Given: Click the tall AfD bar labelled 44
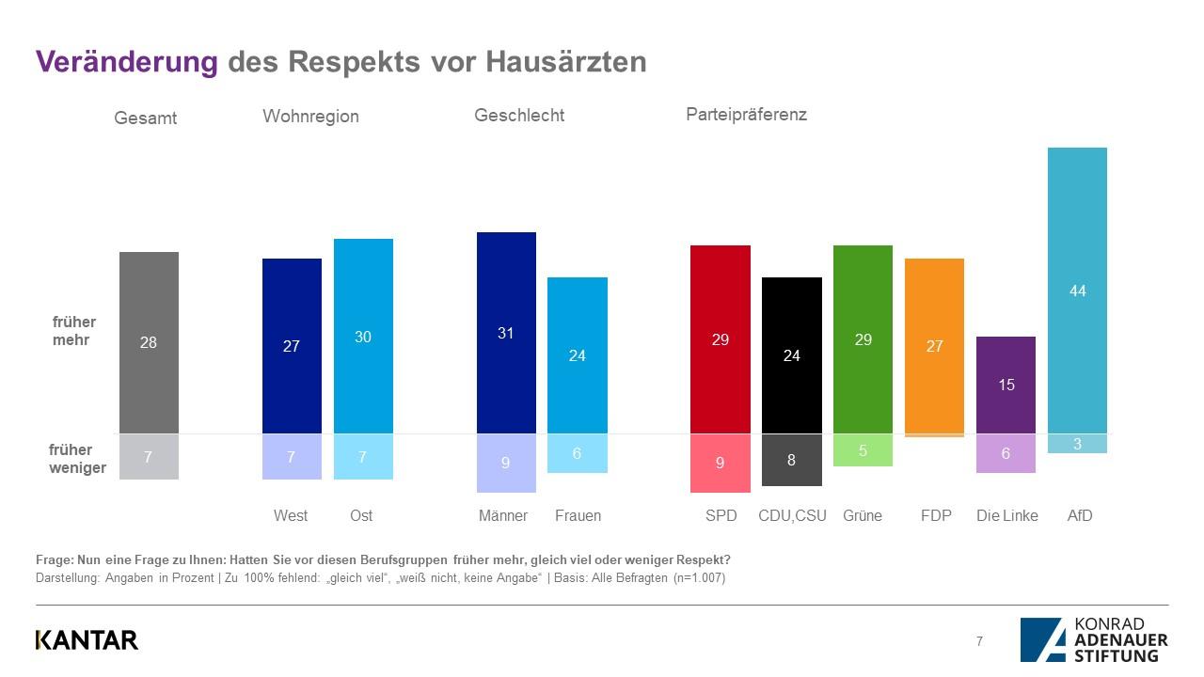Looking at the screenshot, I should tap(1077, 291).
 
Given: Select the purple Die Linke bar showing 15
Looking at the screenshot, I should tap(1006, 385).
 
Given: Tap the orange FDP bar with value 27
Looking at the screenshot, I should tap(934, 345).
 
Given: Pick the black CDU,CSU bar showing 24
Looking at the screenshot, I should tap(791, 354).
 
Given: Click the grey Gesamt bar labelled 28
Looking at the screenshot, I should tap(149, 342).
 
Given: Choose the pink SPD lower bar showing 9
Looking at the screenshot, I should tap(721, 463).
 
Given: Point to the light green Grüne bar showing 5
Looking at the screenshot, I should tap(863, 450).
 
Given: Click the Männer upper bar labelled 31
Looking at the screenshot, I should tap(506, 332).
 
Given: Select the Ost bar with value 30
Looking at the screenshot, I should tap(363, 336).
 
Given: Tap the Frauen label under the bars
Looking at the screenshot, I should tap(578, 515).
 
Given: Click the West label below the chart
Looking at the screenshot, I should tap(291, 515).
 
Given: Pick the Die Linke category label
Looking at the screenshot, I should tap(1007, 515).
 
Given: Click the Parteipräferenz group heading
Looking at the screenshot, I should tap(746, 115).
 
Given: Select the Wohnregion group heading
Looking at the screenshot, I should tap(310, 117).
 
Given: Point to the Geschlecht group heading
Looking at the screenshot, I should tap(519, 116).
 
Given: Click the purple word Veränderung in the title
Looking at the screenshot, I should tap(127, 61).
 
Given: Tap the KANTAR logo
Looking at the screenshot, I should tap(87, 640).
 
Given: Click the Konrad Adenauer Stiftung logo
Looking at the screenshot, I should tap(1094, 639).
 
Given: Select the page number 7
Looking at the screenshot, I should tap(979, 641).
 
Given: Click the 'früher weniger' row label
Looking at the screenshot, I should tap(77, 459).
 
